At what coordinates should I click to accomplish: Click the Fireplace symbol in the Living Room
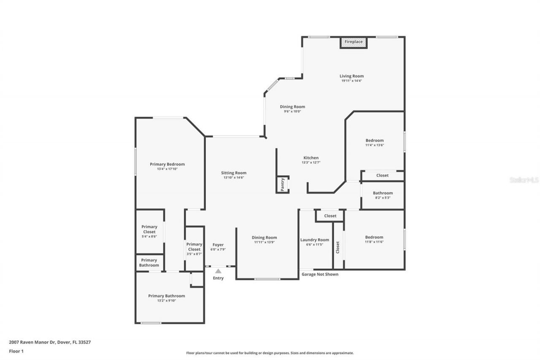click(x=354, y=42)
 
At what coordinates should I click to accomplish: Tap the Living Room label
click(x=351, y=76)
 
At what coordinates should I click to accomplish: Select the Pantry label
click(x=283, y=184)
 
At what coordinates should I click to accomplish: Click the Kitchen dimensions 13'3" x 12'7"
click(x=311, y=162)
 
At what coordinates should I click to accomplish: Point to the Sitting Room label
click(x=234, y=173)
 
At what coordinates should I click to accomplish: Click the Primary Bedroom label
click(x=167, y=164)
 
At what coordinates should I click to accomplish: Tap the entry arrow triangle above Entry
click(x=218, y=271)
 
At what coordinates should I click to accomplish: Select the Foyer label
click(x=218, y=245)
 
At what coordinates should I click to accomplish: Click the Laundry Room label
click(x=315, y=240)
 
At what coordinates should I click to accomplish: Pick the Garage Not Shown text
click(x=320, y=274)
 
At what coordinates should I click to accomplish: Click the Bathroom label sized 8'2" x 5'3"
click(x=383, y=193)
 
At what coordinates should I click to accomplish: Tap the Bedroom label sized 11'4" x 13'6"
click(x=375, y=140)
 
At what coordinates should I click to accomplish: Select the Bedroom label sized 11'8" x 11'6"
click(x=374, y=237)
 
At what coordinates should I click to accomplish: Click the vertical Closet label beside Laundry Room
click(x=338, y=247)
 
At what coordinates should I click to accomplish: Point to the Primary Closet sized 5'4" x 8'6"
click(x=149, y=229)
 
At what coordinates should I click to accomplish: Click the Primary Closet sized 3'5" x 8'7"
click(x=194, y=246)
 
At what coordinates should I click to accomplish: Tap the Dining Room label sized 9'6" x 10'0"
click(x=292, y=107)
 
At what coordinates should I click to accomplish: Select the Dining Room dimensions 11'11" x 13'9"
click(x=265, y=242)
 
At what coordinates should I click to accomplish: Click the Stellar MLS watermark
click(x=524, y=180)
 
